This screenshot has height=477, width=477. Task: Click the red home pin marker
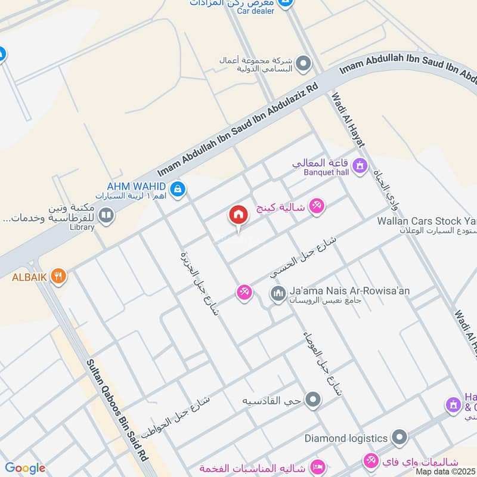(238, 216)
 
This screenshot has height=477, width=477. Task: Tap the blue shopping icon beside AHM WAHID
(176, 190)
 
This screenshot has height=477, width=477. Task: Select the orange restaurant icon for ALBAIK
(58, 275)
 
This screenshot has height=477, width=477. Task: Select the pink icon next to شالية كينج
(317, 206)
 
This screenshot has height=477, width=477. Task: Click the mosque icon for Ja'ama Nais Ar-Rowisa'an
(277, 293)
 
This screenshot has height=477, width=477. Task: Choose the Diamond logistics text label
(346, 438)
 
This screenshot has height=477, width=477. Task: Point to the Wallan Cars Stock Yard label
(426, 221)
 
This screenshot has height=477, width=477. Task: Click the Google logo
(25, 468)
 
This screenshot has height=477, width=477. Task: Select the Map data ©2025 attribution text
(445, 471)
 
